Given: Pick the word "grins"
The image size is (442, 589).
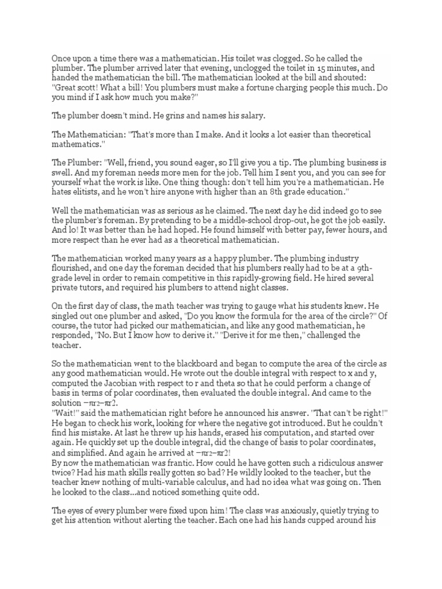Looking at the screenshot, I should (164, 116).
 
